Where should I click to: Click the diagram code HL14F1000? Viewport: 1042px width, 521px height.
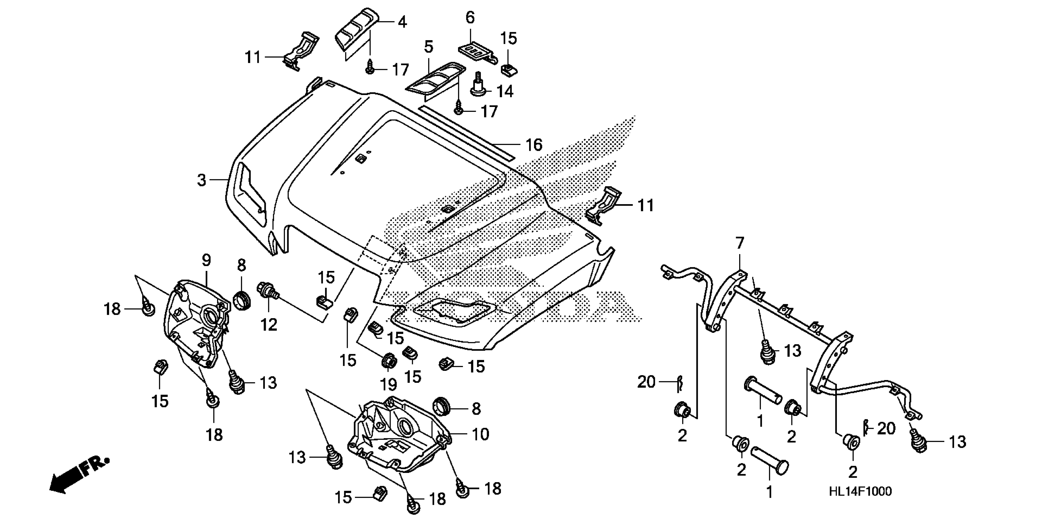coord(860,492)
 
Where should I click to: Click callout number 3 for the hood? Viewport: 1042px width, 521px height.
coord(201,180)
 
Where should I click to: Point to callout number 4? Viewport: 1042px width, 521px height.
coord(402,22)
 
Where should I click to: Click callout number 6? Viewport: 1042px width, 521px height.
coord(470,18)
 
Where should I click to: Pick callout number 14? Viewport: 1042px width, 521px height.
coord(505,92)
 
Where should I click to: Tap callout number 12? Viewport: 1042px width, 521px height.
coord(269,325)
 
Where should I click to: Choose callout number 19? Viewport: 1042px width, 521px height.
coord(389,384)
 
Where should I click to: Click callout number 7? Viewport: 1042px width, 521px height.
coord(739,243)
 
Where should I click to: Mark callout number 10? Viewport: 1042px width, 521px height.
coord(480,434)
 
